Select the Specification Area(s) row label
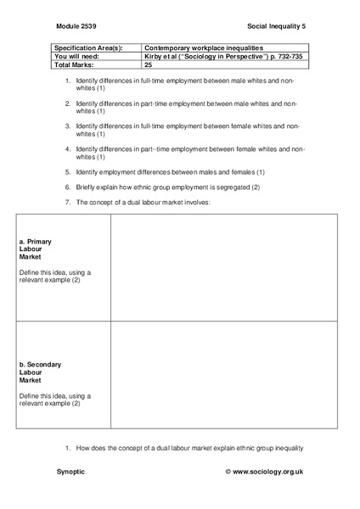89,48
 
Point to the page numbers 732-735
284,56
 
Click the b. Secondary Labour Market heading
39,372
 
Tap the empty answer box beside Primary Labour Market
224,268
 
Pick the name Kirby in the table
154,56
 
